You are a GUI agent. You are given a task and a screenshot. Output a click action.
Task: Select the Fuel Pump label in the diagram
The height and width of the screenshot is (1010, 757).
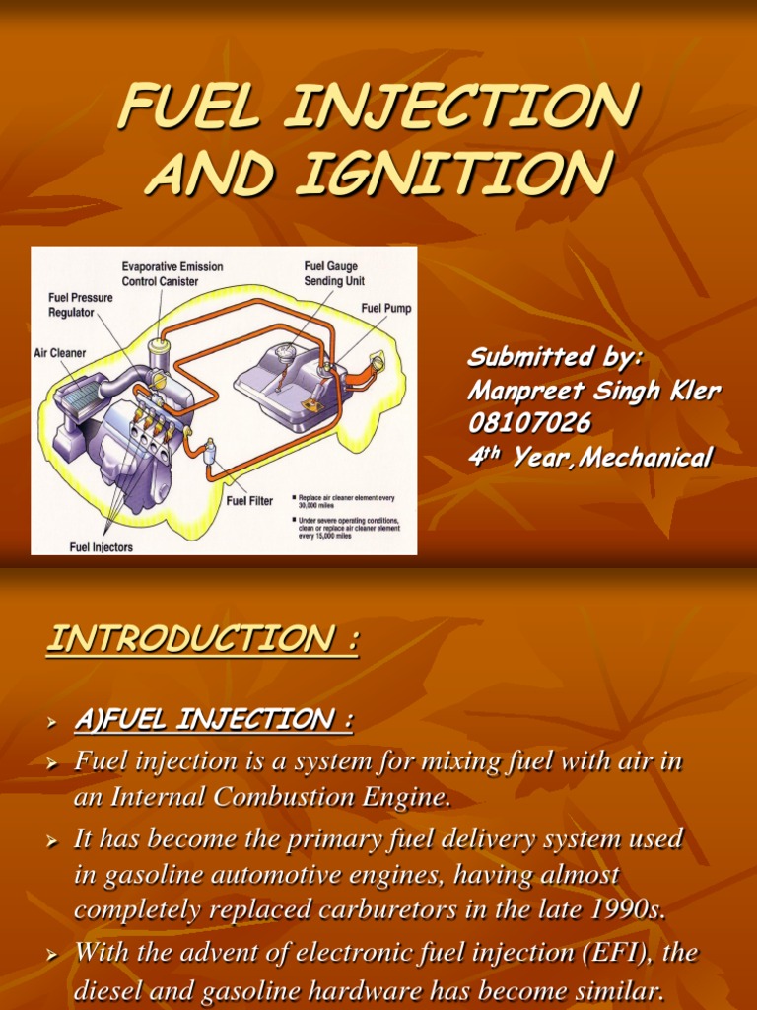(385, 308)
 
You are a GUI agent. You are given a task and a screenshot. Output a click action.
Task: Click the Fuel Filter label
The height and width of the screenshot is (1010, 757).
(249, 500)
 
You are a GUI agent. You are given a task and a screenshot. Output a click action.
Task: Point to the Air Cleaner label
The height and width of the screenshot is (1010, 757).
(60, 352)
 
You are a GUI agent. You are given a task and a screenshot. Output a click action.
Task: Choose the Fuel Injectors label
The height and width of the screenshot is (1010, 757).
(101, 546)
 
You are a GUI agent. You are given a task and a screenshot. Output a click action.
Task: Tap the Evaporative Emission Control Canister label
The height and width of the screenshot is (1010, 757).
(172, 273)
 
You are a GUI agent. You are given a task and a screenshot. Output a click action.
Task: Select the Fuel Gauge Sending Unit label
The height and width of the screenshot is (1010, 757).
(330, 273)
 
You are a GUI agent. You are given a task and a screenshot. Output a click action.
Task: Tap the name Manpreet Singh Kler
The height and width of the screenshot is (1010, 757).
(592, 391)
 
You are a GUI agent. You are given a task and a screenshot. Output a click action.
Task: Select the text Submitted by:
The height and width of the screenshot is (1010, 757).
(555, 356)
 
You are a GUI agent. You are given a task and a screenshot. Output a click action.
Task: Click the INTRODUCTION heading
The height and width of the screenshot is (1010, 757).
(202, 641)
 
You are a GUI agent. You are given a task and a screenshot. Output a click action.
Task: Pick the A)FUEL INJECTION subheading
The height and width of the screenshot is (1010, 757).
(213, 721)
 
